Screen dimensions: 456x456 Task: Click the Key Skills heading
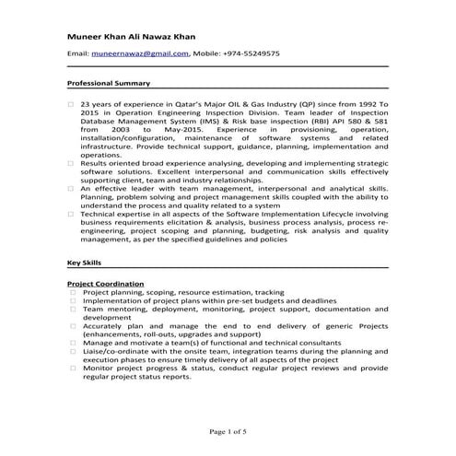[86, 263]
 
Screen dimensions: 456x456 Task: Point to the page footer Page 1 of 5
[228, 431]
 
